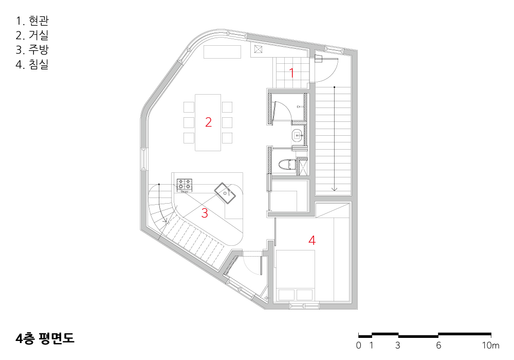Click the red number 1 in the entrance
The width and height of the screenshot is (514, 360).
pos(291,73)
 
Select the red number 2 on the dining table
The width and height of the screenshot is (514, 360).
pos(209,122)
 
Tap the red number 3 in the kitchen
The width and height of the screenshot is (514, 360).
pos(205,213)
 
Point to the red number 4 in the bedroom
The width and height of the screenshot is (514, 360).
pos(312,240)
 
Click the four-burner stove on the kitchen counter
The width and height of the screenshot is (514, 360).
pos(185,185)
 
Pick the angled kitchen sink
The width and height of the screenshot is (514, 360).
pos(225,193)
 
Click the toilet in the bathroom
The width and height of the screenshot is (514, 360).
pos(285,164)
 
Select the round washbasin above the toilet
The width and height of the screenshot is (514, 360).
pos(297,135)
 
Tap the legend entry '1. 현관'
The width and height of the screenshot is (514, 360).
pos(32,21)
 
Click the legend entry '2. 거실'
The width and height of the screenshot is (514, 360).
pos(32,35)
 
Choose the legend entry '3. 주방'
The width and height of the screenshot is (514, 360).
pos(32,49)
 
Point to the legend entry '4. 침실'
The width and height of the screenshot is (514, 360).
pos(32,64)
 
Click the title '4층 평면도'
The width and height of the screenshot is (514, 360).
pos(45,338)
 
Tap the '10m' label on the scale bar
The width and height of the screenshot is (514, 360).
pos(491,345)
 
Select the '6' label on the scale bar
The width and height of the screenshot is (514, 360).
pos(438,345)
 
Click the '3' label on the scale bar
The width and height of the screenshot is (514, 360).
pos(398,345)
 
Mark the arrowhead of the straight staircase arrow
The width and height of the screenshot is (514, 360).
pos(335,189)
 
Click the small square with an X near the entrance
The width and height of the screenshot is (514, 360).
pos(259,49)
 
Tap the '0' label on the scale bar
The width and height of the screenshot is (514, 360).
pos(359,345)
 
